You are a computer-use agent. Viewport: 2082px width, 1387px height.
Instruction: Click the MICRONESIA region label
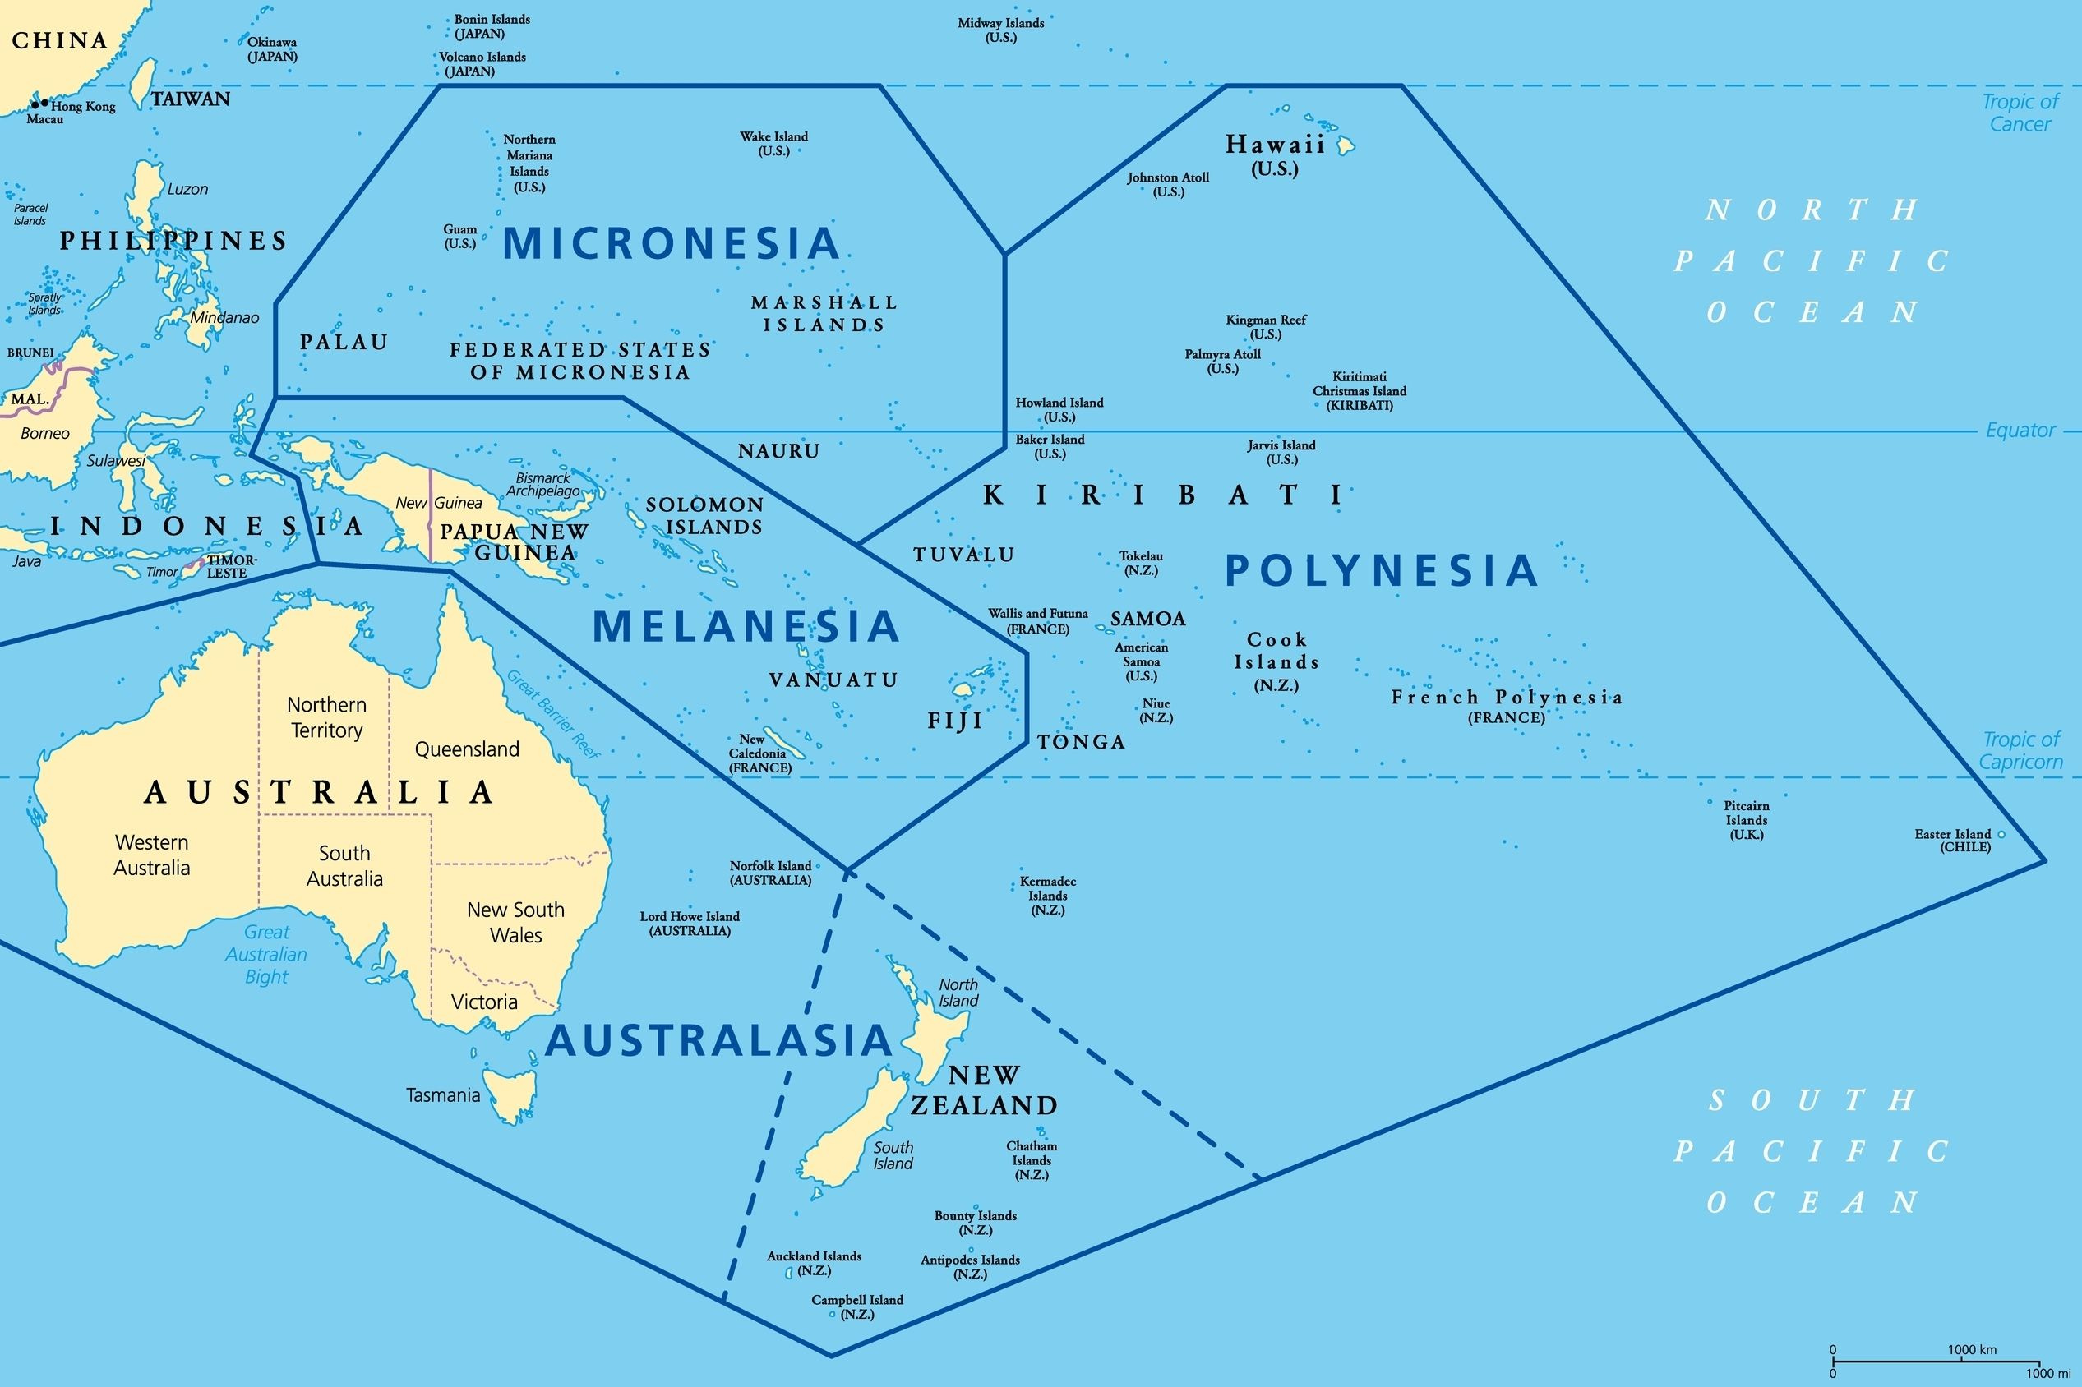point(671,243)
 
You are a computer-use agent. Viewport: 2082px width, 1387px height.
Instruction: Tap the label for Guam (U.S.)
point(460,236)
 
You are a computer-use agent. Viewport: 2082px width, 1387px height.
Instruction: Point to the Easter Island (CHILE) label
point(1953,841)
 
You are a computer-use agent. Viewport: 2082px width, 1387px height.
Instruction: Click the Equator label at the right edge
point(2020,431)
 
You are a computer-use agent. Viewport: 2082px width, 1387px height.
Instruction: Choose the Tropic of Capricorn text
point(2022,750)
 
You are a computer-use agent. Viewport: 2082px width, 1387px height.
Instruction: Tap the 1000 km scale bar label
point(1973,1350)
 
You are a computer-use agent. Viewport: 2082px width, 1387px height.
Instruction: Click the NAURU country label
point(778,451)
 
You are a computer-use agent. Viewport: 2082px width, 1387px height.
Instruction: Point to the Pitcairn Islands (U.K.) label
point(1747,820)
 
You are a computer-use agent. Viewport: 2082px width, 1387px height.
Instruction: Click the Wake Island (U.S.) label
point(774,143)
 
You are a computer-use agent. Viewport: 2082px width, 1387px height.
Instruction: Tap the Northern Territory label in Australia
point(326,717)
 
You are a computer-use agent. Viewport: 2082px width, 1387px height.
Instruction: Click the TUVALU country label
point(963,555)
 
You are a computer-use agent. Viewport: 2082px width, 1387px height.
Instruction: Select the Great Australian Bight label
point(266,955)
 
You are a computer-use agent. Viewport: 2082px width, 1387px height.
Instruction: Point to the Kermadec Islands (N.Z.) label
point(1048,895)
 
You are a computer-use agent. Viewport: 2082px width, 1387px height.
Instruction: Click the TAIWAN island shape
point(139,81)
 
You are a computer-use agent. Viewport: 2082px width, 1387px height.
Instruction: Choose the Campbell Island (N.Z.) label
point(857,1306)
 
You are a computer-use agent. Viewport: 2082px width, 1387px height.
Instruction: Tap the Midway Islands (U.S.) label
point(1001,30)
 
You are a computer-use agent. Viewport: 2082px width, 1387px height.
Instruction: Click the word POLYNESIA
point(1381,570)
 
